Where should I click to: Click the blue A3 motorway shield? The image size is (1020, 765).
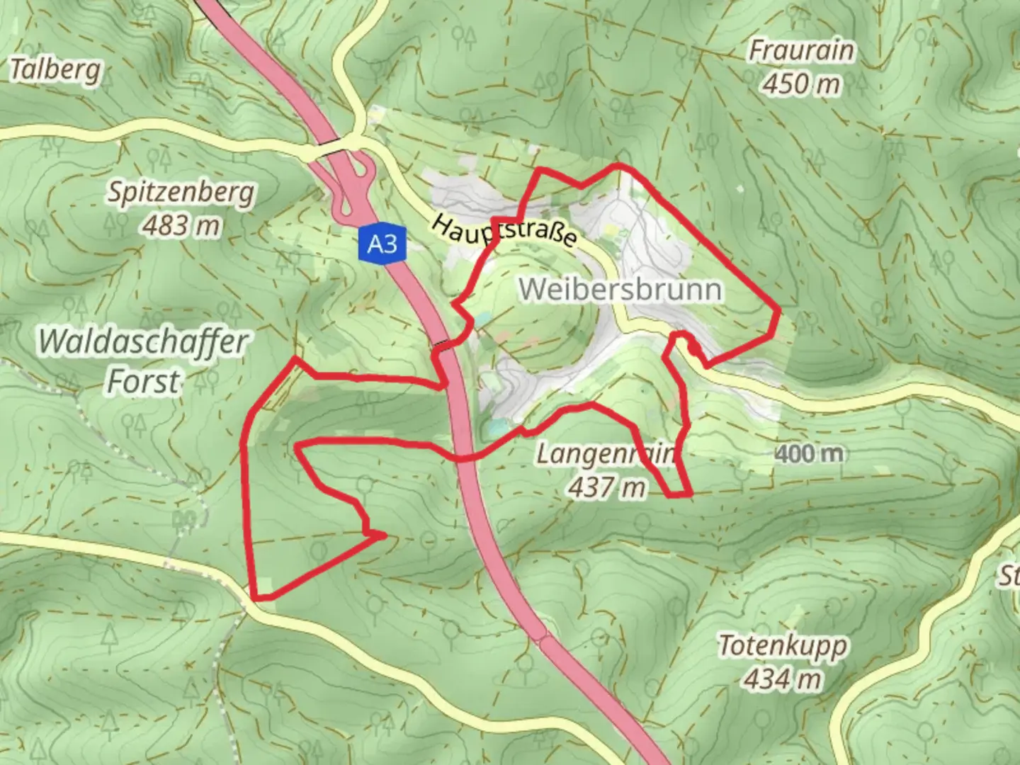tap(382, 244)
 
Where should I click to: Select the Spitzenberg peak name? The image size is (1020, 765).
tap(181, 193)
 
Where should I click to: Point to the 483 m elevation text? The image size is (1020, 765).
tap(181, 226)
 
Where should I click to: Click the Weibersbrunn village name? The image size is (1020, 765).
tap(620, 290)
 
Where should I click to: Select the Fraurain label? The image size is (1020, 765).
tap(801, 51)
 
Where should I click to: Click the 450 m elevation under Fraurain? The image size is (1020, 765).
tap(801, 84)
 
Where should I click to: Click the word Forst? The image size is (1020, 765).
tap(143, 381)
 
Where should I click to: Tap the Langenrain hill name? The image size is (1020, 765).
tap(606, 453)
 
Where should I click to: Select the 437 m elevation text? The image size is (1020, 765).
tap(607, 487)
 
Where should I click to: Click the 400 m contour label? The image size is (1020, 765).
tap(809, 453)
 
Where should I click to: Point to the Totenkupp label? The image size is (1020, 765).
tap(782, 646)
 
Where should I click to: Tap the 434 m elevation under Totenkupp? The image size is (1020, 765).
tap(782, 679)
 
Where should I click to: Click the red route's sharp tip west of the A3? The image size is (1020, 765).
tap(385, 536)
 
